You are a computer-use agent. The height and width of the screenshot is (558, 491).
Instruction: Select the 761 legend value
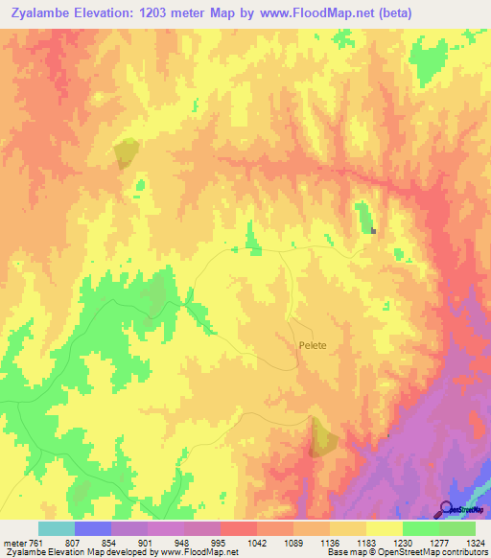tap(36, 542)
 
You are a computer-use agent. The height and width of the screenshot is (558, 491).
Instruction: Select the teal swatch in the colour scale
tap(57, 528)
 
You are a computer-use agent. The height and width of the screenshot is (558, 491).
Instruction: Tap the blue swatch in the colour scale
tap(93, 528)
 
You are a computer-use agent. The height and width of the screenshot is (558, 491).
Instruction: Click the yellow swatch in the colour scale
tap(385, 528)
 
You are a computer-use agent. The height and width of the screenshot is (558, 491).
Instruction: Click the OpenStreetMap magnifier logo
tap(448, 508)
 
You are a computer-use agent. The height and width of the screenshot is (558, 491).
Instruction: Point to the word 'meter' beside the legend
tap(13, 542)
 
